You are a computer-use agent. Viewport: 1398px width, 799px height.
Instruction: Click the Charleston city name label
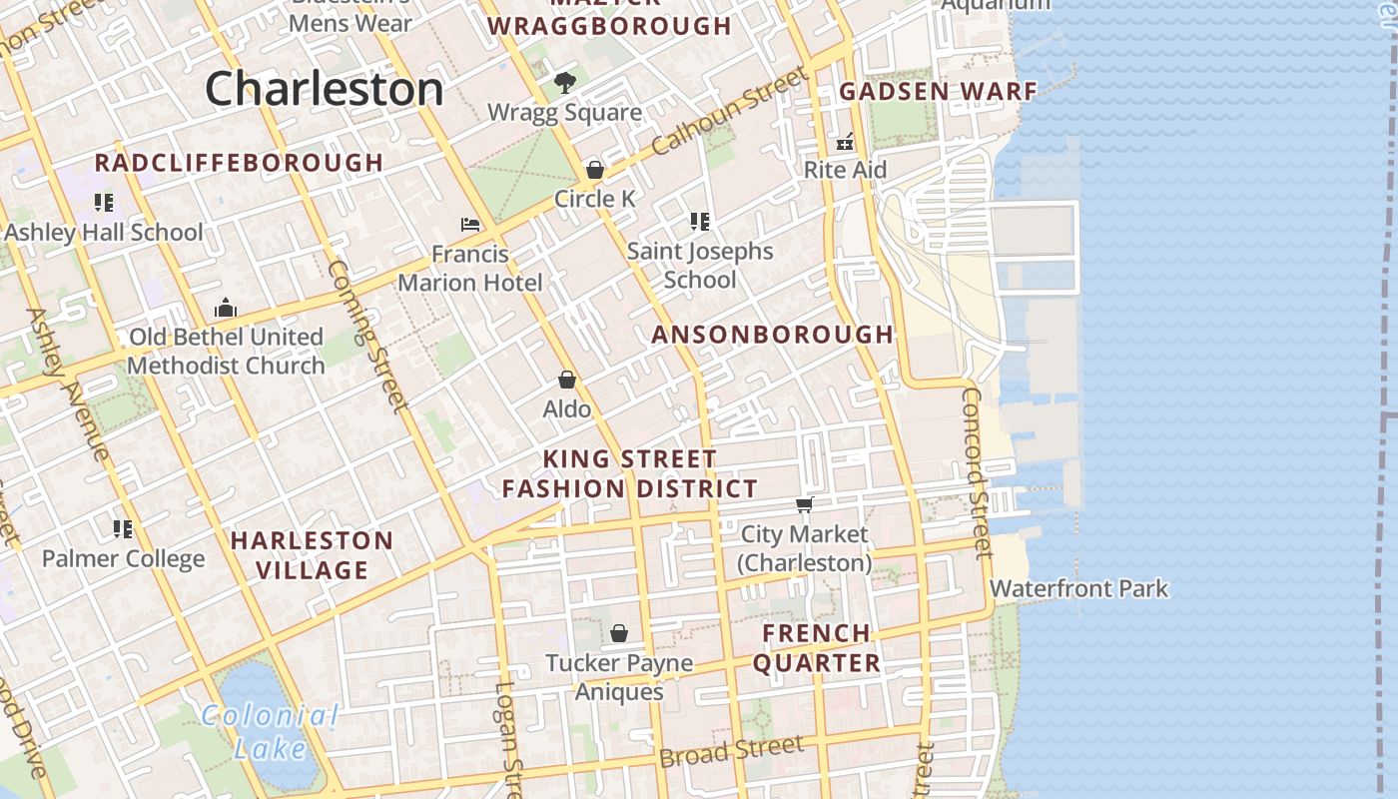pos(324,89)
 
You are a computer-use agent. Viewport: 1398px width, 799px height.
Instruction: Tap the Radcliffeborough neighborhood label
pos(239,163)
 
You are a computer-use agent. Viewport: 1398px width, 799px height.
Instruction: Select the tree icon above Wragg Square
pos(564,82)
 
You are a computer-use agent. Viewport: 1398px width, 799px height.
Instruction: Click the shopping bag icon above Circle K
pos(595,170)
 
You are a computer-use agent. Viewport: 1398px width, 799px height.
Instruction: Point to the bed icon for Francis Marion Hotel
pos(470,225)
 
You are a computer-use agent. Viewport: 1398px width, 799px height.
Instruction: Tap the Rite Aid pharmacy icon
pos(846,141)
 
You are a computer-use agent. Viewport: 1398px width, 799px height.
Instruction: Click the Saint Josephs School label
pos(700,265)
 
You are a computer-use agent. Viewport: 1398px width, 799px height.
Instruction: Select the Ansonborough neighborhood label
pos(772,335)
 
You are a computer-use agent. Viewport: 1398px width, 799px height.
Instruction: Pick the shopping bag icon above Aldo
pos(566,380)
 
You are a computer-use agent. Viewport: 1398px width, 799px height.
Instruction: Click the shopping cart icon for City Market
pos(805,505)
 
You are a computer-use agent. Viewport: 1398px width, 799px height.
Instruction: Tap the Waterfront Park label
pos(1078,588)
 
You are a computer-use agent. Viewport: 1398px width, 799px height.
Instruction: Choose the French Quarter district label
pos(817,647)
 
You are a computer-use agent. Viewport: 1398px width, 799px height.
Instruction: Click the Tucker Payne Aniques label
pos(619,676)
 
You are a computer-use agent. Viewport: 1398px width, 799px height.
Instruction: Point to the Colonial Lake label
pos(270,730)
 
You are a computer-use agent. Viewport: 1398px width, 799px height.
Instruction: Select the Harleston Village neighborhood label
pos(313,555)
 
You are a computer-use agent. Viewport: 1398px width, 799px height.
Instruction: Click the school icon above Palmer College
pos(123,528)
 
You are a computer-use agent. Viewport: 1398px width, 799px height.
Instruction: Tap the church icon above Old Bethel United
pos(226,308)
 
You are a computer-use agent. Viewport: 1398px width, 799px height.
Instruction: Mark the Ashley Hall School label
pos(104,232)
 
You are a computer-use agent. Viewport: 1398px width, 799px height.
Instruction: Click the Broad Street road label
pos(731,751)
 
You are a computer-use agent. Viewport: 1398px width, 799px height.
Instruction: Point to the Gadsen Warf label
pos(938,92)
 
